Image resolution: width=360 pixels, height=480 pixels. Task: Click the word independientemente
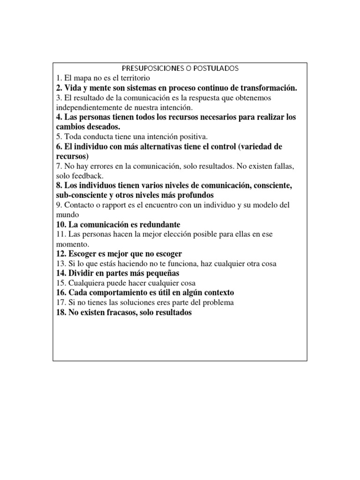87,107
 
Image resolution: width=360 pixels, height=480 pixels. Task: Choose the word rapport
111,205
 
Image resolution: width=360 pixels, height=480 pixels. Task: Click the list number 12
61,254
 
